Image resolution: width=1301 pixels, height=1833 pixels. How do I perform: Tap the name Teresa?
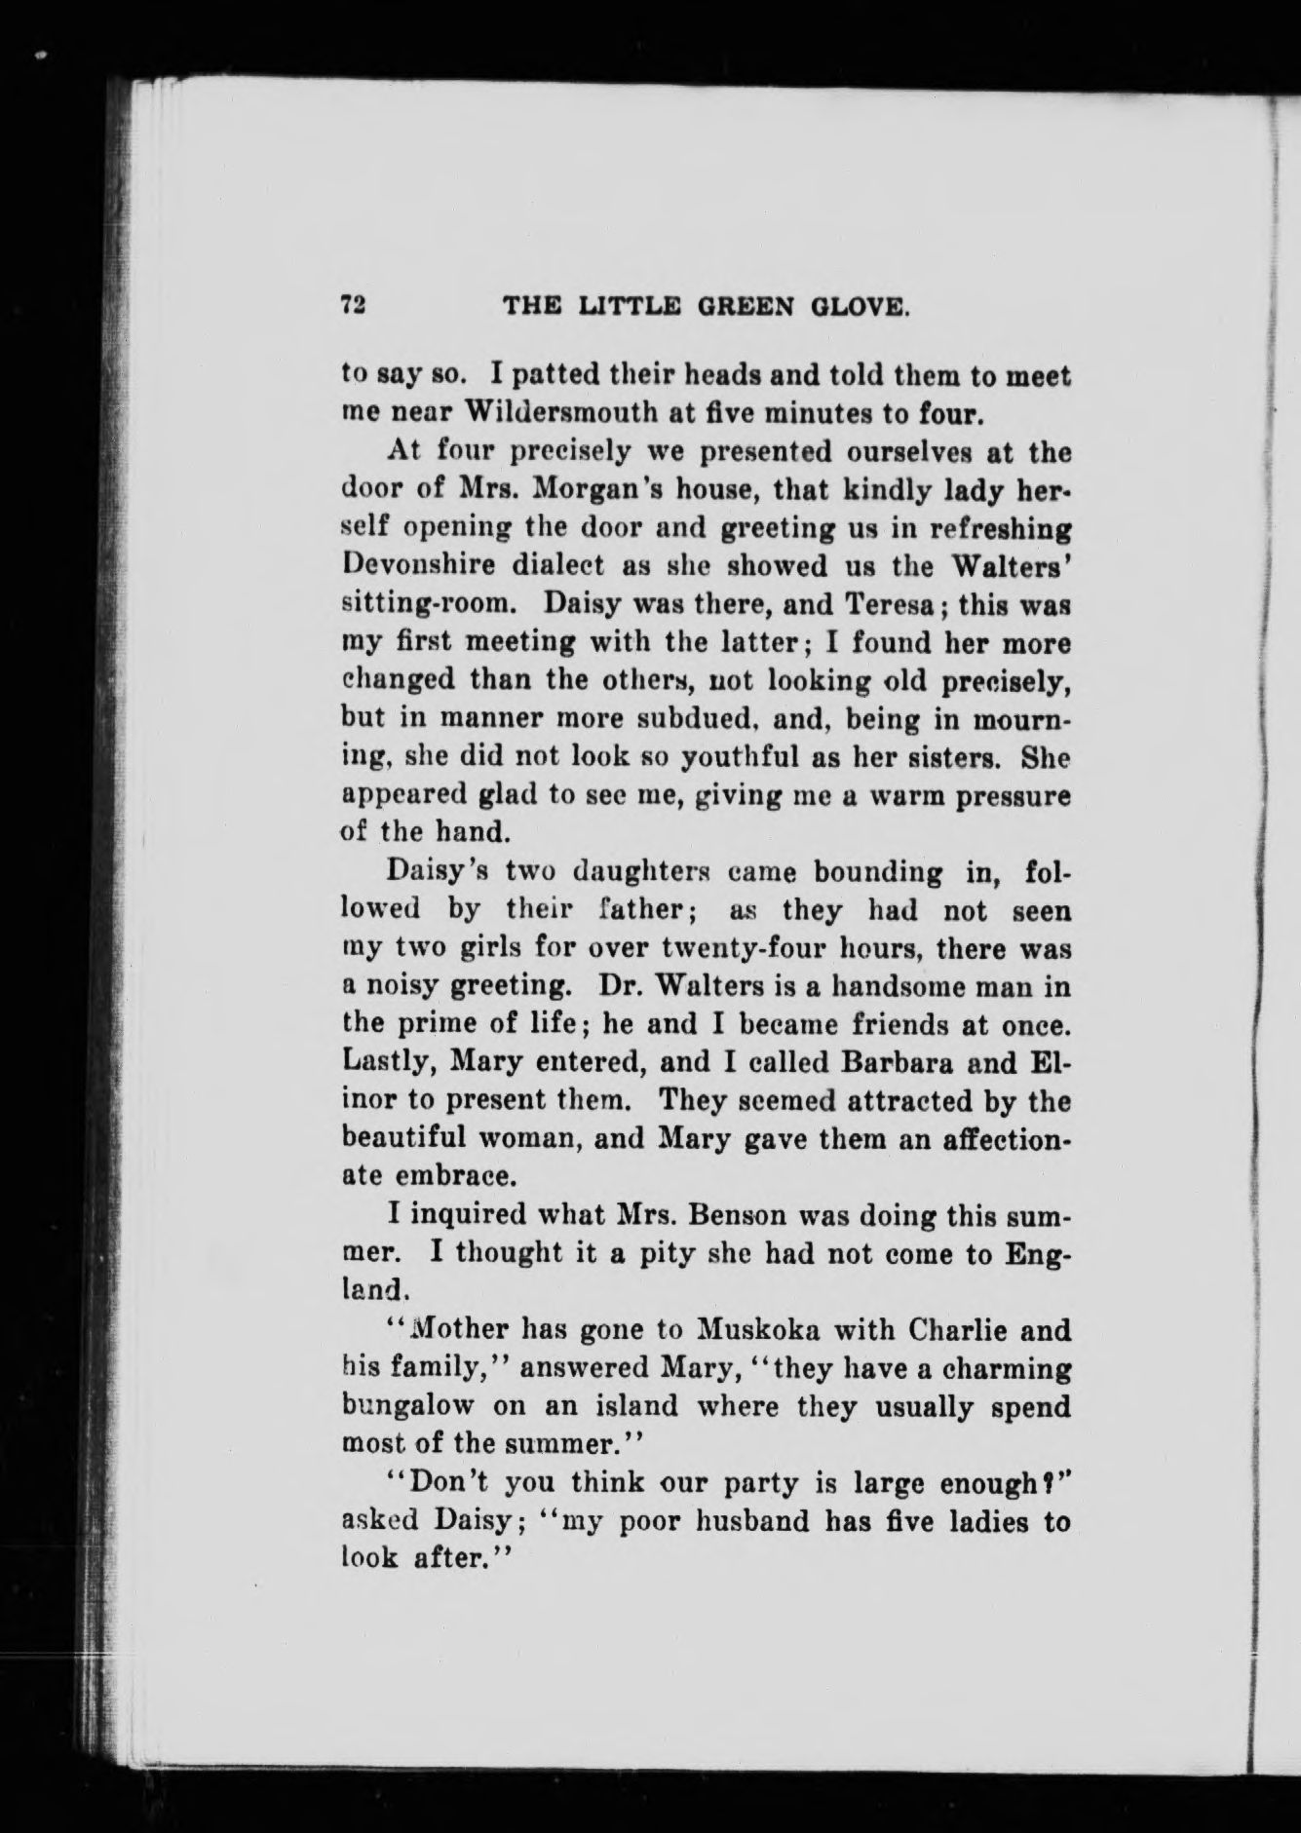click(889, 603)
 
